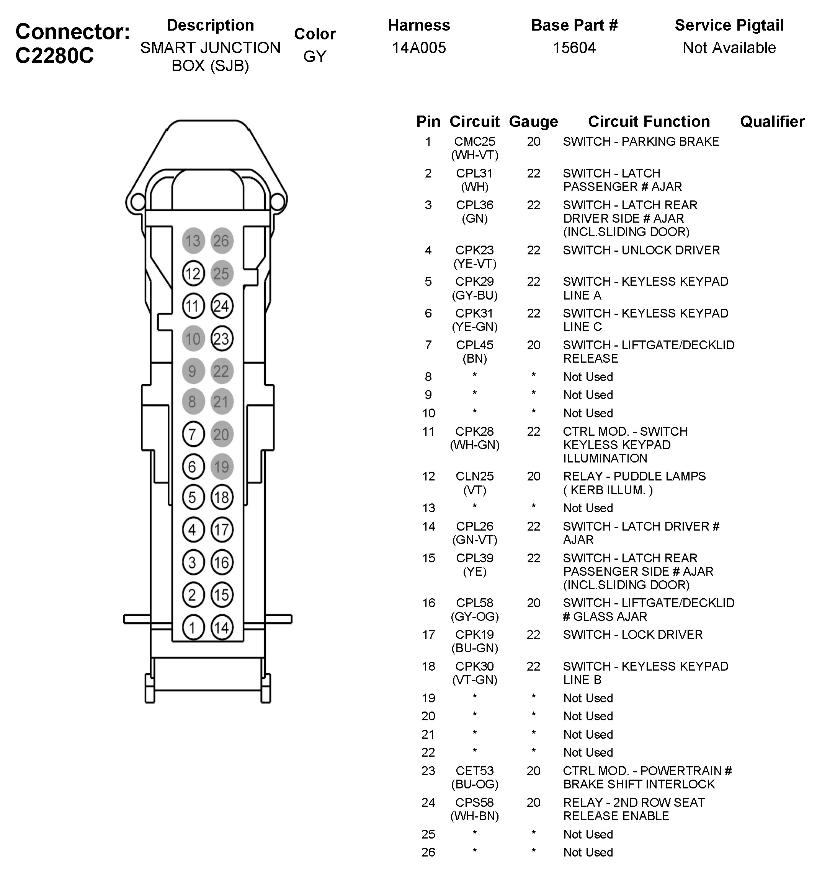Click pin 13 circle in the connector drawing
[193, 241]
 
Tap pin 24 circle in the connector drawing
[221, 306]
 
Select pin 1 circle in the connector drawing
[193, 627]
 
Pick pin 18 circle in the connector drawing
[221, 497]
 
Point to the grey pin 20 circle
[221, 434]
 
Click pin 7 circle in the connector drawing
[193, 434]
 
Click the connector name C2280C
[55, 56]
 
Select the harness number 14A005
[418, 48]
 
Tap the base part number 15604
[574, 48]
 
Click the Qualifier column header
[772, 122]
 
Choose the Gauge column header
[533, 122]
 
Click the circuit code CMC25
[474, 142]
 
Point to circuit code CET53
[474, 771]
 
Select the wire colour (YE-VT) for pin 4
[474, 264]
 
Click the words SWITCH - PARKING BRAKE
[641, 142]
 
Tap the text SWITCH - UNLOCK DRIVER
[641, 250]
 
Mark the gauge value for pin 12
[533, 476]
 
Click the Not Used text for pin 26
[588, 852]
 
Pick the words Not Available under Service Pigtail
[729, 48]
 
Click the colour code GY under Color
[315, 57]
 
